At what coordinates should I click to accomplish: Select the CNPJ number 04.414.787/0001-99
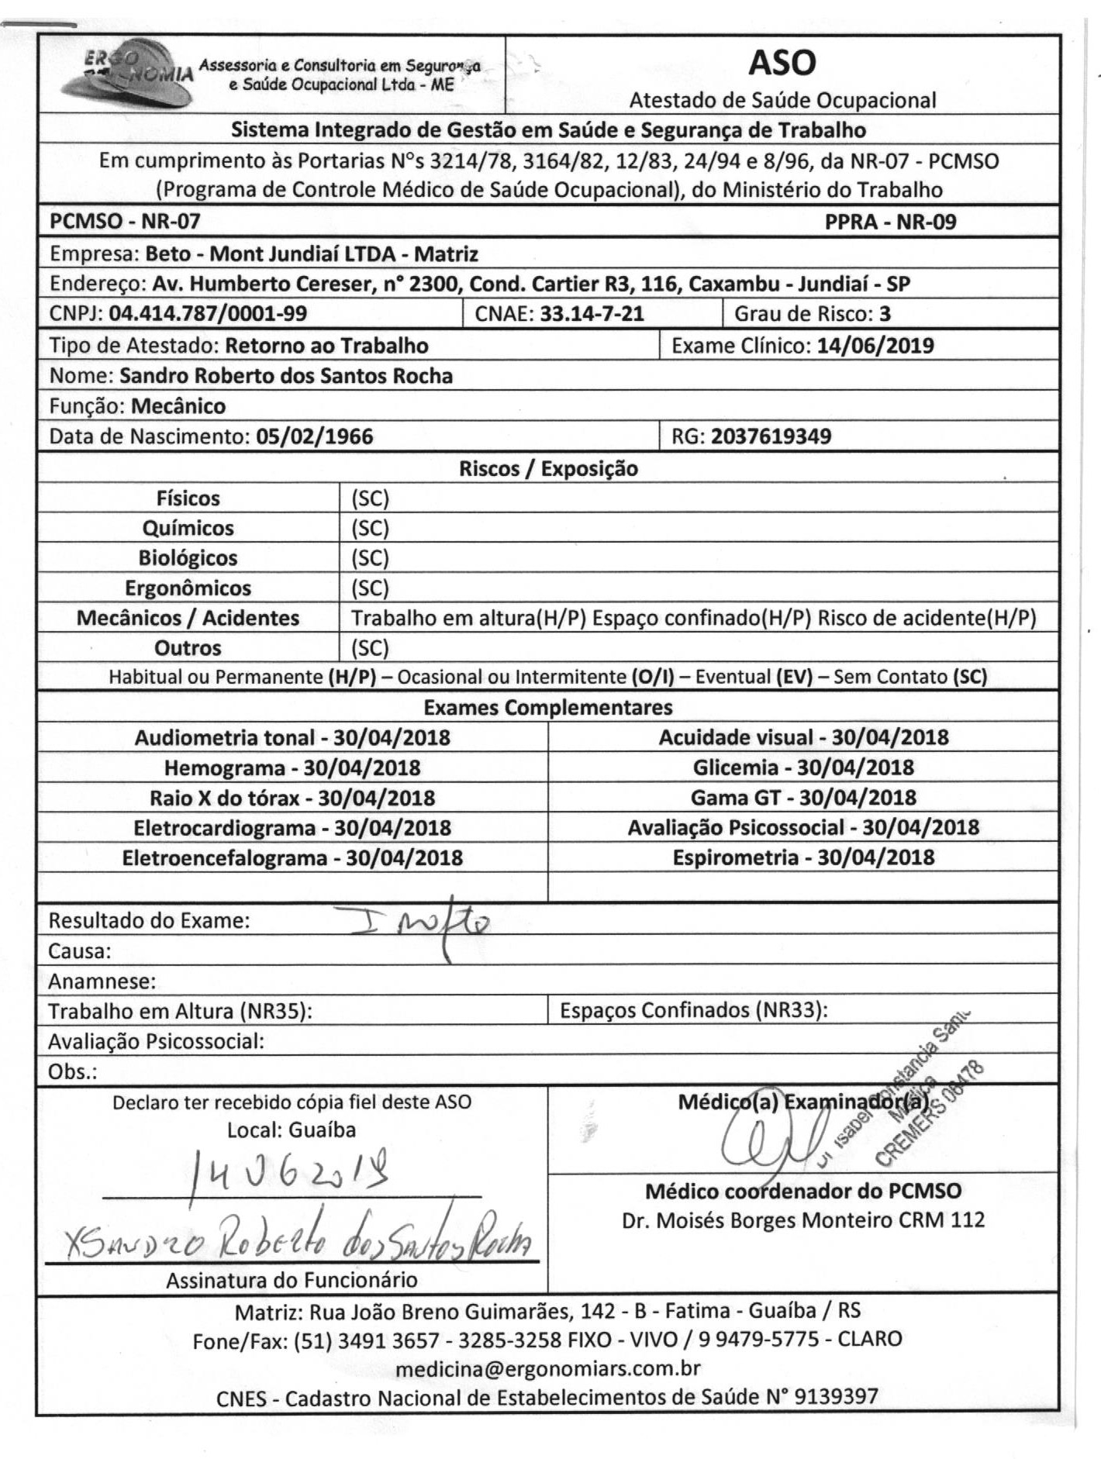point(208,314)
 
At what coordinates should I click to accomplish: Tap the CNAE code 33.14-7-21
point(592,314)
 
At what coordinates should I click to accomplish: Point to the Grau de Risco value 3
point(885,314)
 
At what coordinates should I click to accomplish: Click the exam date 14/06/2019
point(875,345)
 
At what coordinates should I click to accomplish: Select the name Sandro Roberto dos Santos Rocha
point(286,376)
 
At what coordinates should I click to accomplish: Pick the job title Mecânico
point(178,406)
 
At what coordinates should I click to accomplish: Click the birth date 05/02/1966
point(314,436)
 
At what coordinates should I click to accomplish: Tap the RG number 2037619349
point(771,436)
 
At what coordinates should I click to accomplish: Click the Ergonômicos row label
point(188,588)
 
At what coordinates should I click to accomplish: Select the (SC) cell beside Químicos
point(370,529)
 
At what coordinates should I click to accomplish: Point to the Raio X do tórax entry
point(292,798)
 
